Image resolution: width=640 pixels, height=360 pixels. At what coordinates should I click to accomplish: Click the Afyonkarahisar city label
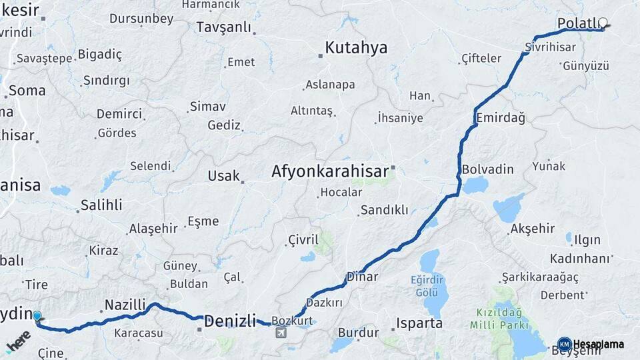click(x=329, y=171)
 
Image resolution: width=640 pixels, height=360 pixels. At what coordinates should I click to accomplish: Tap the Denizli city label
click(x=230, y=321)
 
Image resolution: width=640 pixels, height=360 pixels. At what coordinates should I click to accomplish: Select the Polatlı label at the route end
click(x=578, y=24)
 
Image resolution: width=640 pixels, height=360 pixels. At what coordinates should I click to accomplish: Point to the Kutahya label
click(x=356, y=48)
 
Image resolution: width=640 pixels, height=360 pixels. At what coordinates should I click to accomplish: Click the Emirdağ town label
click(x=501, y=118)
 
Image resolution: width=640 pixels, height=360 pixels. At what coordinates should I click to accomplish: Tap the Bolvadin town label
click(x=487, y=169)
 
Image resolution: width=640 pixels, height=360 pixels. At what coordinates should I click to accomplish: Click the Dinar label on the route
click(x=362, y=277)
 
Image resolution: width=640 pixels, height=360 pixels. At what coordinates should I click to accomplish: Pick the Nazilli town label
click(x=125, y=305)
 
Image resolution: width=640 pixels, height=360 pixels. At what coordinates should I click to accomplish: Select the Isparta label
click(x=419, y=323)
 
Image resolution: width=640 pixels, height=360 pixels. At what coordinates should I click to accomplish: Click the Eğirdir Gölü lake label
click(x=427, y=287)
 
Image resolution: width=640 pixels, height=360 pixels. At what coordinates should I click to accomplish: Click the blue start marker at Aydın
click(x=37, y=317)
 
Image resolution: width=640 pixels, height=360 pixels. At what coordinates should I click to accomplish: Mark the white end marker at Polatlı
click(x=603, y=23)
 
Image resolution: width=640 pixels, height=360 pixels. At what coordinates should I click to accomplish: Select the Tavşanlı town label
click(x=224, y=27)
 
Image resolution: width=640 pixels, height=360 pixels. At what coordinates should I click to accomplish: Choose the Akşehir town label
click(x=532, y=229)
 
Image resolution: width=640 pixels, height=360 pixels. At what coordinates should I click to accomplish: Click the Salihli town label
click(x=101, y=205)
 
